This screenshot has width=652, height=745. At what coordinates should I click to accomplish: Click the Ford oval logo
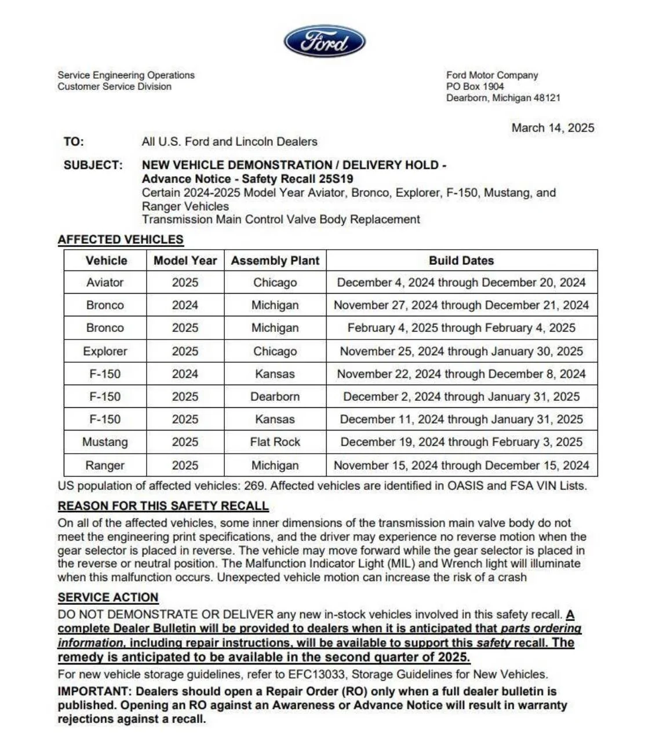325,42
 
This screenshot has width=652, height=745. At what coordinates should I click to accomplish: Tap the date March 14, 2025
552,128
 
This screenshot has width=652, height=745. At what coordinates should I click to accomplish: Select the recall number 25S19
336,179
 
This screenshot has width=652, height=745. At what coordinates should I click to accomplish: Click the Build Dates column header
461,261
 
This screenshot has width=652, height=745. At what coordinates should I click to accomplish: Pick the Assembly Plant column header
275,261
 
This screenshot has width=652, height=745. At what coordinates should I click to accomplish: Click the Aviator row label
105,283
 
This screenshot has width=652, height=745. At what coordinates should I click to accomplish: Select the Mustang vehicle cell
105,442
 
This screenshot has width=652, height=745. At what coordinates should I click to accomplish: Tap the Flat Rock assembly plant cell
275,442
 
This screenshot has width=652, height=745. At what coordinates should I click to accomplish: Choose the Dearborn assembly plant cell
275,397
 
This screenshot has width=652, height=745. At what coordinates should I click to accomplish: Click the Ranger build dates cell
461,465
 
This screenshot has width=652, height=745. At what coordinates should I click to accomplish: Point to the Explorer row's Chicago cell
275,352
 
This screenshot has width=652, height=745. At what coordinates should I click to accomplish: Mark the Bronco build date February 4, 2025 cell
461,328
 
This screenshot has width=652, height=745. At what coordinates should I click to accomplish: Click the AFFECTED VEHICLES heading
121,240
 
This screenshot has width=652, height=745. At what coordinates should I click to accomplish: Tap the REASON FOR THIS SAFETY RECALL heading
163,506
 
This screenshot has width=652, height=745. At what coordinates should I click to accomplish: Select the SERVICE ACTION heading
108,598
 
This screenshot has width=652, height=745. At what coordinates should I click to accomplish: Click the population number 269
254,486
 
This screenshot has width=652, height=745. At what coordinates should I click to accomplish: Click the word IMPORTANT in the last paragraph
94,692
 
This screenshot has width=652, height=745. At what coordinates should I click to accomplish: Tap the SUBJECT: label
93,165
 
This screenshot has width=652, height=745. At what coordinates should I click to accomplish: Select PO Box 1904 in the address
475,86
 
